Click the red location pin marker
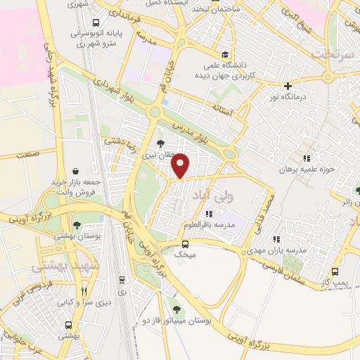click(x=181, y=166)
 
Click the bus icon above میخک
click(x=185, y=243)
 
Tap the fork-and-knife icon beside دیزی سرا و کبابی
click(x=84, y=291)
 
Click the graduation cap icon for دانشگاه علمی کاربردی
click(x=224, y=54)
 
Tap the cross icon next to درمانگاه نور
click(x=288, y=85)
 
